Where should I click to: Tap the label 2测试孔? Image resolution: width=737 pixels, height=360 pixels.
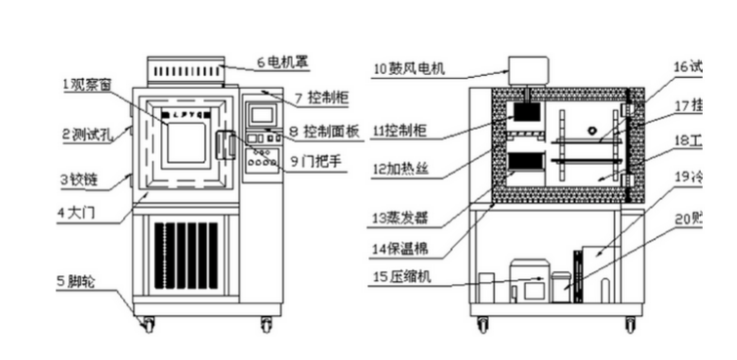tap(89, 135)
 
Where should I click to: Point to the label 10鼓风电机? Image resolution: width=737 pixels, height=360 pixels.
tap(410, 68)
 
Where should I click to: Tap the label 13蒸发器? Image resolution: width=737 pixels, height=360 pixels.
tap(402, 217)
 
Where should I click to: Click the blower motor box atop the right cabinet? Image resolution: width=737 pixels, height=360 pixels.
tap(528, 70)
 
